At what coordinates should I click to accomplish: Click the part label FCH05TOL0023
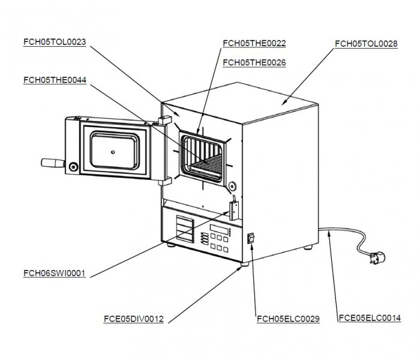(55, 42)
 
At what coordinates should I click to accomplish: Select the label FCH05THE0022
(254, 43)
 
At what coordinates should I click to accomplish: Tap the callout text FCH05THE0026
(254, 62)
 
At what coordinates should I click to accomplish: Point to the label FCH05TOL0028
(365, 43)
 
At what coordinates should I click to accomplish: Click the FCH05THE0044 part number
(55, 80)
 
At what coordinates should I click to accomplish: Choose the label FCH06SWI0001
(55, 273)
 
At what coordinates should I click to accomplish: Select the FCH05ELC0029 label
(287, 319)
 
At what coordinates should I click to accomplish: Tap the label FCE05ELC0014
(370, 319)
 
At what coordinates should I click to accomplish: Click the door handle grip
(52, 163)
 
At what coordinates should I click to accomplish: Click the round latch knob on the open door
(73, 166)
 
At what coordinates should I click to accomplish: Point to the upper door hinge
(163, 121)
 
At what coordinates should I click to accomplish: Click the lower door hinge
(166, 179)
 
